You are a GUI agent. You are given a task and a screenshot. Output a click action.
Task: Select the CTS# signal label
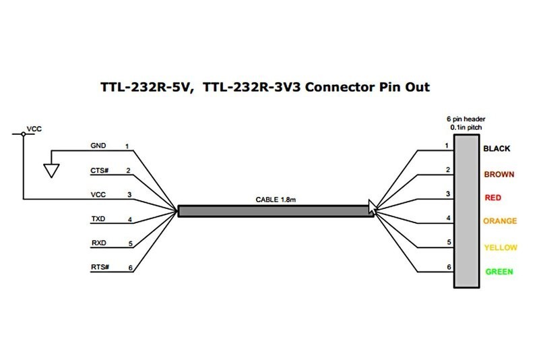tap(98, 171)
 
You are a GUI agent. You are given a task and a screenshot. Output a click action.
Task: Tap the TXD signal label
tap(98, 219)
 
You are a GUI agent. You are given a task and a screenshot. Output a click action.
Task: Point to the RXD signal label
tap(98, 243)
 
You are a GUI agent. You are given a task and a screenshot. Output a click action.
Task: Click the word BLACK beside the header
tap(498, 148)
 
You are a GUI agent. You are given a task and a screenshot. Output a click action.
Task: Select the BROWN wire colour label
tap(499, 174)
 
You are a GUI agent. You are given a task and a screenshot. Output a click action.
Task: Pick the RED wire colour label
tap(493, 198)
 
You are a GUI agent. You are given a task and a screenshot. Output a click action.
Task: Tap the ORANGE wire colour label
tap(500, 221)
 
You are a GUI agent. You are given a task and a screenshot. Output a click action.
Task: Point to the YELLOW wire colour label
tap(500, 247)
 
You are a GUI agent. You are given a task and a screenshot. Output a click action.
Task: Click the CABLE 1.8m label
tap(274, 199)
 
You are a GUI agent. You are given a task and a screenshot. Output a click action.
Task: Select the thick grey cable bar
tap(274, 211)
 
